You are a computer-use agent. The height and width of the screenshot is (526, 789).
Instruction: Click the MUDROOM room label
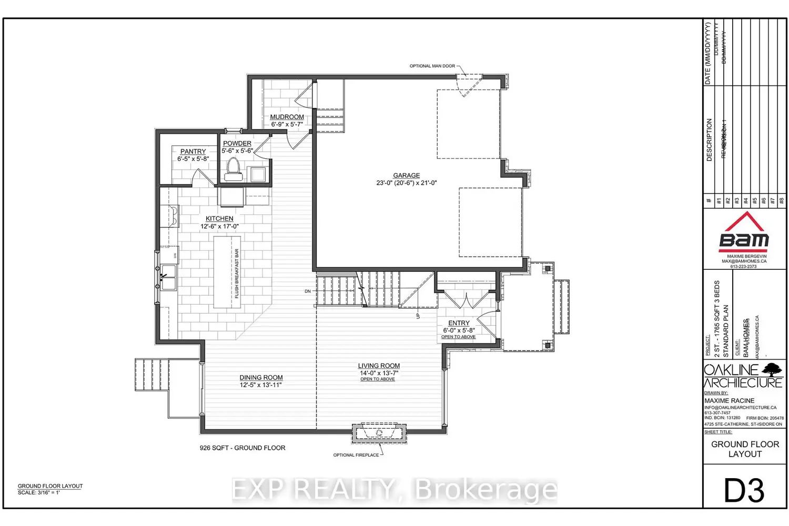(x=287, y=117)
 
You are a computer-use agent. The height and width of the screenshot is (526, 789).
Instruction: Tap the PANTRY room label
(x=193, y=151)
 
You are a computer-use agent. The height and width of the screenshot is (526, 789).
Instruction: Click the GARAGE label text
(x=406, y=175)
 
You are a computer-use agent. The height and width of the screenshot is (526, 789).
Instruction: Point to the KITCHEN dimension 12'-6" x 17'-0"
(x=219, y=227)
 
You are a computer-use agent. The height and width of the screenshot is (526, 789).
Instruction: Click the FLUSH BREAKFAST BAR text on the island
(x=237, y=274)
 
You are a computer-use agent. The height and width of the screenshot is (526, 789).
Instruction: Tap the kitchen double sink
(x=168, y=277)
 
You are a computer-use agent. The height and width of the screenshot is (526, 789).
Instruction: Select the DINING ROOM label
(x=261, y=377)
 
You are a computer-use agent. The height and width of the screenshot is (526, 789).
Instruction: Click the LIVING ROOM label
(x=379, y=366)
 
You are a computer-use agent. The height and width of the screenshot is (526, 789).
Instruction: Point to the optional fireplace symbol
(x=379, y=433)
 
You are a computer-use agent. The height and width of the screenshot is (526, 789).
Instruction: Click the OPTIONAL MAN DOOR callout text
(x=432, y=66)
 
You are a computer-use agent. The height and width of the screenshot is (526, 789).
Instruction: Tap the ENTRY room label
(x=459, y=323)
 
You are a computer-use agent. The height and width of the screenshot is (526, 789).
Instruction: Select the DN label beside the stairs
(x=308, y=291)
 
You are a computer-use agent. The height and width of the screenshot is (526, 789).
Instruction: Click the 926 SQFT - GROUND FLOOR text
(x=242, y=448)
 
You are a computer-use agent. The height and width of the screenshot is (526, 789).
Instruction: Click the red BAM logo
(x=744, y=232)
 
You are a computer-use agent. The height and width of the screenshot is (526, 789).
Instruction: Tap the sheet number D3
(x=744, y=491)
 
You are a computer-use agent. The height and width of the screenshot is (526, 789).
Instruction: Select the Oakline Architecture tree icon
(x=772, y=369)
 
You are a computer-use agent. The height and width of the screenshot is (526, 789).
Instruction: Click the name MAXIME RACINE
(x=729, y=401)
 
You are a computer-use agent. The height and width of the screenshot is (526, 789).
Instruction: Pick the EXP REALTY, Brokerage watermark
(x=394, y=490)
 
